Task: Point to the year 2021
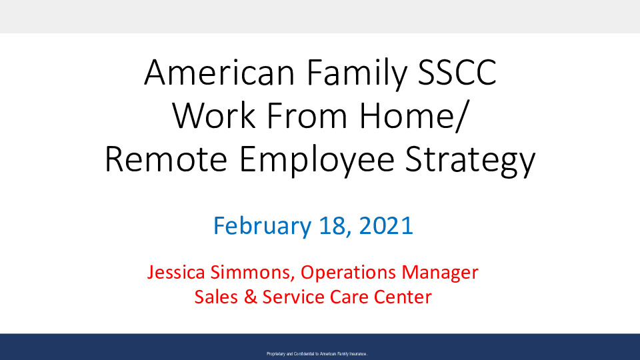point(386,226)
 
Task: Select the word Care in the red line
point(349,297)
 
